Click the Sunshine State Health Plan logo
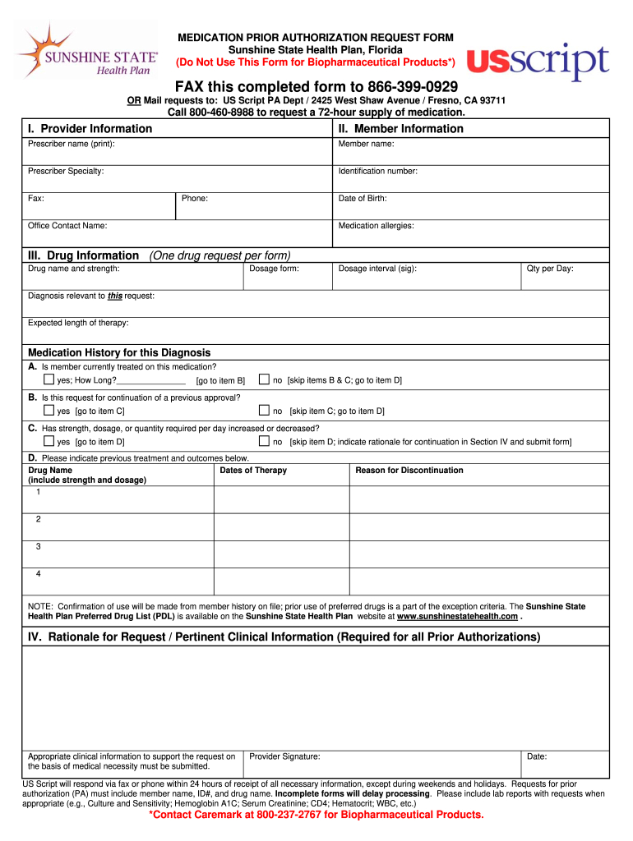tap(86, 51)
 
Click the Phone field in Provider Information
tap(254, 206)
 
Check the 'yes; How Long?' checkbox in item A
tap(49, 380)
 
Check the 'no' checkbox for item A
tap(264, 380)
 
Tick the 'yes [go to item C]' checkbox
tap(49, 411)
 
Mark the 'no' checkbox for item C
tap(264, 441)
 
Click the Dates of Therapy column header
tap(253, 471)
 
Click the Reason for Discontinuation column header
tap(409, 471)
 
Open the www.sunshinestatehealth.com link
tap(457, 617)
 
